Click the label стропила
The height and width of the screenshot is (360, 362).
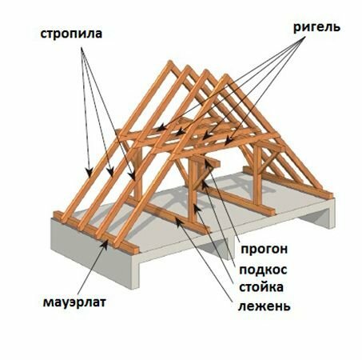(x=71, y=34)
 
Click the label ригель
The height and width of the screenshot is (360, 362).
(x=316, y=28)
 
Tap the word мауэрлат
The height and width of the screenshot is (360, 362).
(x=74, y=302)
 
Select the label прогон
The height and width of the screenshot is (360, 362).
(x=264, y=249)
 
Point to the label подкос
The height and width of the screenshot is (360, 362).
(x=263, y=270)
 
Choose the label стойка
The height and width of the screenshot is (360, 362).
(x=261, y=287)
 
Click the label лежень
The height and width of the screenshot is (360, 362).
(x=264, y=306)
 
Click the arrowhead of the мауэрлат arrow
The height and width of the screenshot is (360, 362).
(x=105, y=244)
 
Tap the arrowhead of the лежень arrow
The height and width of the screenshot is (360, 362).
(x=178, y=222)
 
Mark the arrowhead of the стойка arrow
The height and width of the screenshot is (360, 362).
(x=197, y=208)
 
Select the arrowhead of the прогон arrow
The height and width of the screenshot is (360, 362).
(x=208, y=162)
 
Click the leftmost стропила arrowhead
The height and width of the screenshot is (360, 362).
(x=90, y=173)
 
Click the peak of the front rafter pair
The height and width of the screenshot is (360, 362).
(x=226, y=78)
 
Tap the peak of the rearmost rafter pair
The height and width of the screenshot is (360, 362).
(x=169, y=63)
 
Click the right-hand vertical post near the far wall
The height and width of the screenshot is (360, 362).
(x=257, y=175)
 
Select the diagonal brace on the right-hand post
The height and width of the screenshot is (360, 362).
(x=267, y=162)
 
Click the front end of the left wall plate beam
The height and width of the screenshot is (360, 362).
(x=134, y=250)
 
